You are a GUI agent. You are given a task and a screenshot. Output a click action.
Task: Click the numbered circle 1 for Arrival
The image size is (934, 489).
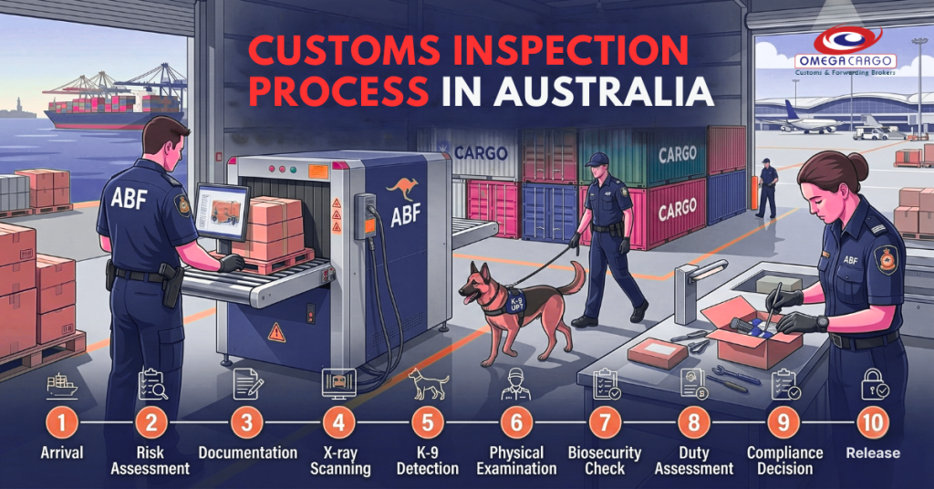tap(59, 424)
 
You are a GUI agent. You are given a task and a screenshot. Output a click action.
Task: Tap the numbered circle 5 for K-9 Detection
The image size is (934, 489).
tap(427, 424)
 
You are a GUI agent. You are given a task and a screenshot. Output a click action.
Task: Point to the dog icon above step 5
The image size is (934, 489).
tap(427, 385)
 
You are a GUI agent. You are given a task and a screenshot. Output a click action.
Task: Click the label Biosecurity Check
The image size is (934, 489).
tap(605, 461)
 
